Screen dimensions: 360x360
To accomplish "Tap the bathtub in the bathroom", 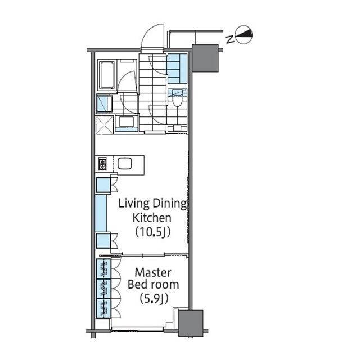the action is coord(107,75).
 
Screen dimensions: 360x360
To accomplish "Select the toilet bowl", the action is coord(177,102).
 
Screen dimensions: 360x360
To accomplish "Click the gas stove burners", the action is coord(102,164).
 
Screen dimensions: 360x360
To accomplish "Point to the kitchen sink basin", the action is coord(125,163).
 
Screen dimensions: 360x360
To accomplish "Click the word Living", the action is coord(134,204).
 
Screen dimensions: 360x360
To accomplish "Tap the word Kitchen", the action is coord(152,218).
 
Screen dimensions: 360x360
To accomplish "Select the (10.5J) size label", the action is coord(152,232).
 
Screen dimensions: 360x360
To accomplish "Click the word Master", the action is coord(153,272).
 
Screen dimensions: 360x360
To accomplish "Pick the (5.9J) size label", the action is coord(154,299).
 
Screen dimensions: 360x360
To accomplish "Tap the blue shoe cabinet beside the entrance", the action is coord(177,68).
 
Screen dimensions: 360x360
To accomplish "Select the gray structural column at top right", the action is coord(205,58).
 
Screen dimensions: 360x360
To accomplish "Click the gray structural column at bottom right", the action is coord(191,323).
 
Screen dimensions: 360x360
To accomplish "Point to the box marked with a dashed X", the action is coord(105,125).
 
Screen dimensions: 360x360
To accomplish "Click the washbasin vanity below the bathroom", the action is coord(126,124).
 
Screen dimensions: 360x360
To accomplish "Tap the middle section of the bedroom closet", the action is coord(103,289).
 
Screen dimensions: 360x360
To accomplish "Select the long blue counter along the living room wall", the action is coord(101,213).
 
